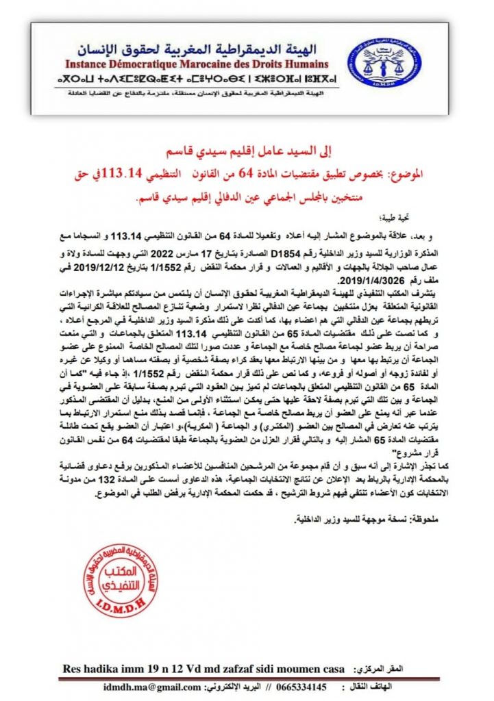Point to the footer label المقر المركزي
[x=394, y=667]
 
